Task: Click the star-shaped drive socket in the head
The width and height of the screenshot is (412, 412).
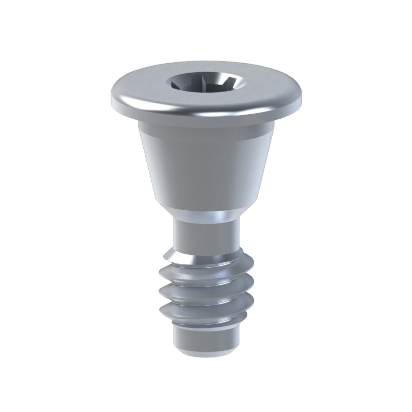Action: [206, 82]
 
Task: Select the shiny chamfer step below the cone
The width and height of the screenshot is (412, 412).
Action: [206, 215]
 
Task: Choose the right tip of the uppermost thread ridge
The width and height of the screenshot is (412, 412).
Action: [250, 260]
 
